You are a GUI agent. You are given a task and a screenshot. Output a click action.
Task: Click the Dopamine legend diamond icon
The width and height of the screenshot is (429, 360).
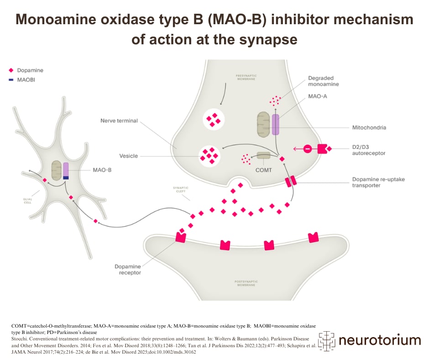(11, 70)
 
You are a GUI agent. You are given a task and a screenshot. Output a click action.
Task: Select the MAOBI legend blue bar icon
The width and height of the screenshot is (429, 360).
(11, 80)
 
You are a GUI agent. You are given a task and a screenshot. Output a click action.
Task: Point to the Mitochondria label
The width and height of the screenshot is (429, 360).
(369, 127)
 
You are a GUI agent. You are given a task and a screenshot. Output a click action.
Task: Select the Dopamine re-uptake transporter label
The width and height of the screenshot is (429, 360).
(378, 182)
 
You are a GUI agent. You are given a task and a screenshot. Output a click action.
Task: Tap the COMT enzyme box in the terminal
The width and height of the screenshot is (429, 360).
(263, 156)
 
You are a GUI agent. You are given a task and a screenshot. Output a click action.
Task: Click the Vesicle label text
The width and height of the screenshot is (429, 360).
(128, 156)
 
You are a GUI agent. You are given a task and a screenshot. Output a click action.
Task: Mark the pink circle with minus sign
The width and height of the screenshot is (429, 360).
(307, 149)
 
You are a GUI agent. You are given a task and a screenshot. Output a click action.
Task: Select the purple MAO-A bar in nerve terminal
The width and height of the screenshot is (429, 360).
(275, 124)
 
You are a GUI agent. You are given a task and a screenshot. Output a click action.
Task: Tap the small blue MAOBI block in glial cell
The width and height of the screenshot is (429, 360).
(66, 178)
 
